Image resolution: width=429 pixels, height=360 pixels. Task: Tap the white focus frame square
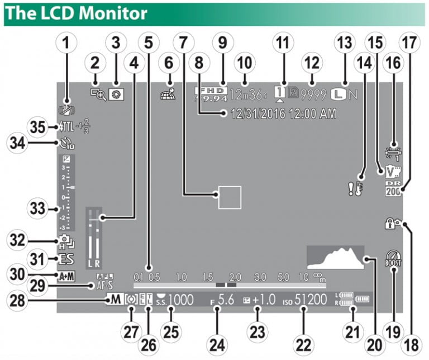pos(229,197)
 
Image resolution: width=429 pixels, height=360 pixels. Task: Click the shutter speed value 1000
pos(181,300)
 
